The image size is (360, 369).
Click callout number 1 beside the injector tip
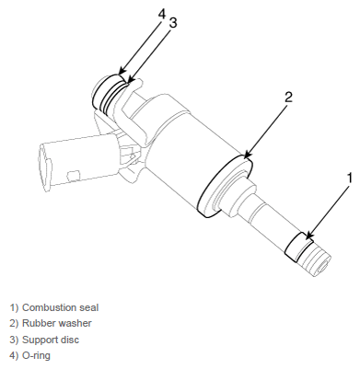[349, 179]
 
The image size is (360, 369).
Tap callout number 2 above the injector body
[288, 97]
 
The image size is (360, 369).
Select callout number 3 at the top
[173, 23]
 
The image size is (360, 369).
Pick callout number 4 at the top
[162, 14]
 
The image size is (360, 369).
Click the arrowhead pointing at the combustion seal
[308, 236]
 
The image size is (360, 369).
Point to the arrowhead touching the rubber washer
[248, 155]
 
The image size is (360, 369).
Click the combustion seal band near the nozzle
[298, 248]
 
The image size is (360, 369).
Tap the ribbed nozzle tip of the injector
[316, 259]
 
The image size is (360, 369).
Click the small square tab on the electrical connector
[74, 176]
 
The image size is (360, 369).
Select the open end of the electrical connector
[45, 167]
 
